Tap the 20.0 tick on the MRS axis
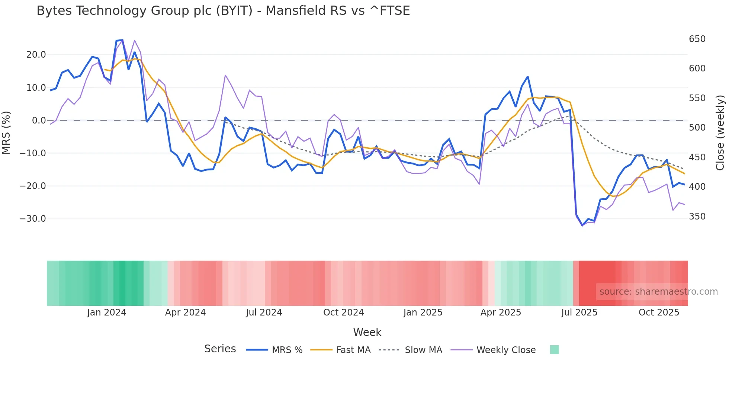(36, 55)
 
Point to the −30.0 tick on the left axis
(33, 218)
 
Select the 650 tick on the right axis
(697, 39)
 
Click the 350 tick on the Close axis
(697, 217)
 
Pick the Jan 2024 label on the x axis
(107, 313)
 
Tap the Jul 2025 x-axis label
(579, 313)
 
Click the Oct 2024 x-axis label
(343, 313)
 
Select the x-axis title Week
(367, 332)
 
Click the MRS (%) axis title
(6, 132)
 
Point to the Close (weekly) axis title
(720, 132)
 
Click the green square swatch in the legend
(554, 350)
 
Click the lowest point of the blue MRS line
(582, 225)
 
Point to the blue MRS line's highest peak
(122, 40)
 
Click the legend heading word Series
(220, 349)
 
